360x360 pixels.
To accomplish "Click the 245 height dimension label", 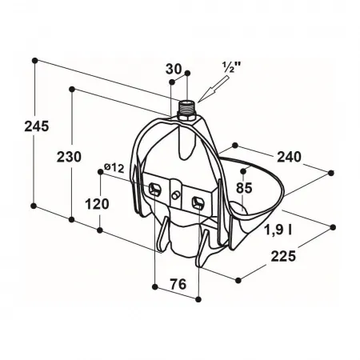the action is (x=37, y=126).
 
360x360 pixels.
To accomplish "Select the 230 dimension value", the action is (x=69, y=157).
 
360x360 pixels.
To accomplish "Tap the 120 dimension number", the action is (x=97, y=204).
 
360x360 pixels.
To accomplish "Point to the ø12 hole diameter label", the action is (x=114, y=168).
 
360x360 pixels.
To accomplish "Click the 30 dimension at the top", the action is (x=174, y=69).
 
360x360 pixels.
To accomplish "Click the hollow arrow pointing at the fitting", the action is (x=214, y=89).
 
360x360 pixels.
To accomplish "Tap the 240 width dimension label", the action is (x=289, y=157).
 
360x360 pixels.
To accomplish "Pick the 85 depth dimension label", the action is (x=244, y=188).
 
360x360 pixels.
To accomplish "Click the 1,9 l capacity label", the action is (x=278, y=230).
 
